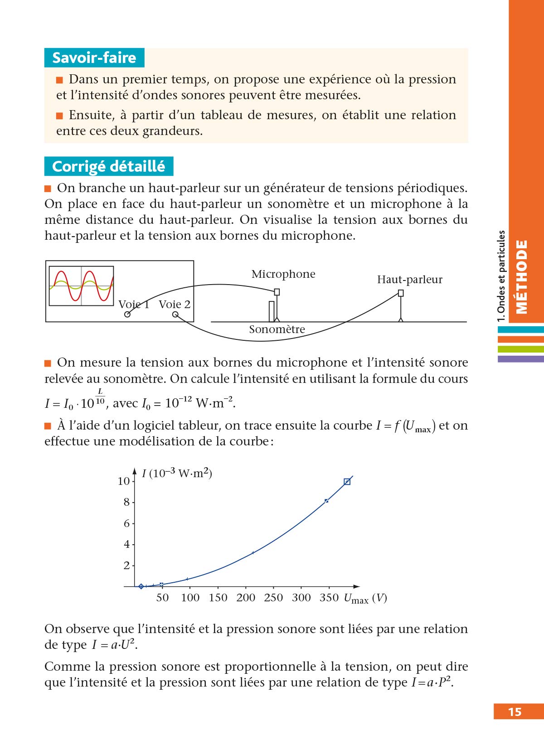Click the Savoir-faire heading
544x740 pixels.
click(94, 58)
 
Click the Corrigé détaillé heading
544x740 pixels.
click(108, 166)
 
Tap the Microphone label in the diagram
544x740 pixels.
click(283, 274)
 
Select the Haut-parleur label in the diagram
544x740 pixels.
click(409, 280)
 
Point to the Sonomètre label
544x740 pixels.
click(277, 329)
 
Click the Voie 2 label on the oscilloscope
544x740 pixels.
click(175, 305)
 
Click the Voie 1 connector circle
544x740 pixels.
click(127, 314)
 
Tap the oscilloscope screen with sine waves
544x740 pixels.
click(81, 286)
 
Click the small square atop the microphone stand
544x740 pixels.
click(277, 292)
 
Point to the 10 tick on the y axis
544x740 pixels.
click(124, 481)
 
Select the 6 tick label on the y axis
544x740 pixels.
click(127, 523)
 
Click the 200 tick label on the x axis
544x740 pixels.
click(246, 598)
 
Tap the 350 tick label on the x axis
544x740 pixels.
click(329, 598)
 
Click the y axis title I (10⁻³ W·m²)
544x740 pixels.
click(177, 474)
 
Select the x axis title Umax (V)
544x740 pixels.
click(365, 599)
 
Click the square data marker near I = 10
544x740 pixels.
click(347, 482)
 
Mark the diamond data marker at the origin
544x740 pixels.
click(141, 586)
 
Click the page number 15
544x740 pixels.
click(515, 711)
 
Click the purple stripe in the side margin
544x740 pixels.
click(520, 359)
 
